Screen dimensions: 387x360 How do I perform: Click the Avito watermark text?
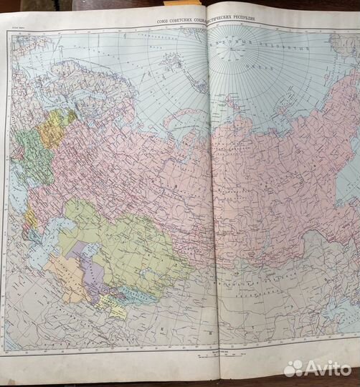click(331, 368)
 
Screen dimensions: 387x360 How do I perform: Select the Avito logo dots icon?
click(295, 368)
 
